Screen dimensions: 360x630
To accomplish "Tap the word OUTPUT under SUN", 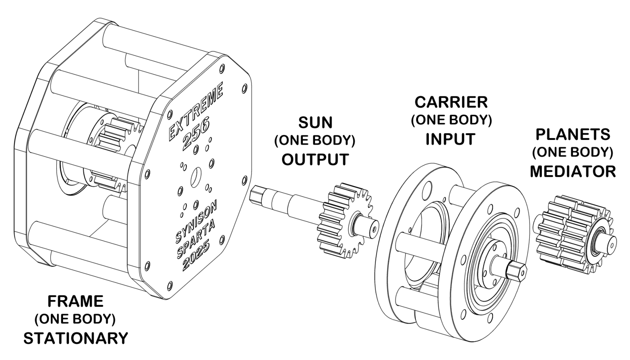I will pos(315,159).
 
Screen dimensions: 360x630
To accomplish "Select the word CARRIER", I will pos(451,102).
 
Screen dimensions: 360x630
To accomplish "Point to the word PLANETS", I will pos(572,134).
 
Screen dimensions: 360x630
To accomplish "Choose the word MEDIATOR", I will pos(572,171).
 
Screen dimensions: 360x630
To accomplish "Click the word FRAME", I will pos(76,301).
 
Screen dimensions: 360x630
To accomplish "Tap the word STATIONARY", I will pos(76,338).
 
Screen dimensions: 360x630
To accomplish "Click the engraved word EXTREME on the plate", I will pos(195,112).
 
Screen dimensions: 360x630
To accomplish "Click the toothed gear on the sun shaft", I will pos(342,216).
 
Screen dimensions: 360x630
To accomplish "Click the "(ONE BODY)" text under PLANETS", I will pos(572,153).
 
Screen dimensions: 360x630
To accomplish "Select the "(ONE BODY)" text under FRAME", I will pos(76,319).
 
